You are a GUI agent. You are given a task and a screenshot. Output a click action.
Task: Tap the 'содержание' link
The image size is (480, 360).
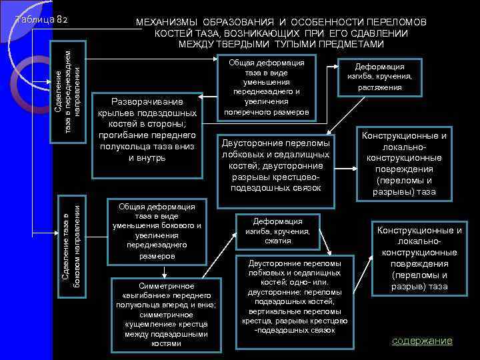(422, 341)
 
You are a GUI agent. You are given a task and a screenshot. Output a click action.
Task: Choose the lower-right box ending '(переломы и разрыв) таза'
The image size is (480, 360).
(419, 259)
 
